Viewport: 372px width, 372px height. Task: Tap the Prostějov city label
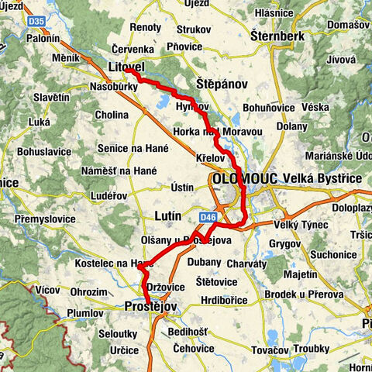[x=151, y=308]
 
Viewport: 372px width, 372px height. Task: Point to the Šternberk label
[x=277, y=35]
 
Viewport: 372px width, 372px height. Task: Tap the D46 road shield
[x=207, y=218]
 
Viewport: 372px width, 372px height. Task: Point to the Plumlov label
[x=85, y=314]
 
